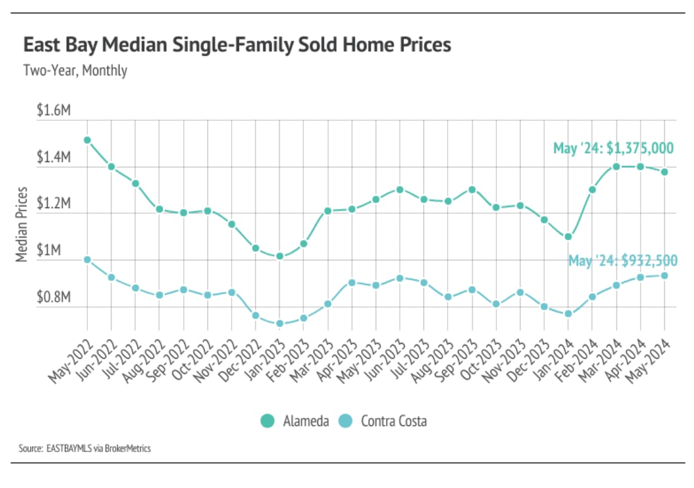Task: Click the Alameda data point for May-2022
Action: click(87, 140)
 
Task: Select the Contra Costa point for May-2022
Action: click(87, 260)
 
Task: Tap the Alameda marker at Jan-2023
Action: click(280, 256)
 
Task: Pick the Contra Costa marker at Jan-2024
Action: click(568, 314)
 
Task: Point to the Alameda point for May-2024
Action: click(664, 172)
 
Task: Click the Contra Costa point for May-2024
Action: click(664, 276)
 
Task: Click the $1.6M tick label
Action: click(54, 111)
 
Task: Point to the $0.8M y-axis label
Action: click(54, 298)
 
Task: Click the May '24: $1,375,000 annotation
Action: click(613, 148)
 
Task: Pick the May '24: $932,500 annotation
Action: click(622, 261)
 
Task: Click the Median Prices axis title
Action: click(22, 225)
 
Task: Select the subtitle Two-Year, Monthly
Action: click(75, 70)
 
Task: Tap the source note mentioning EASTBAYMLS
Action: click(84, 449)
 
